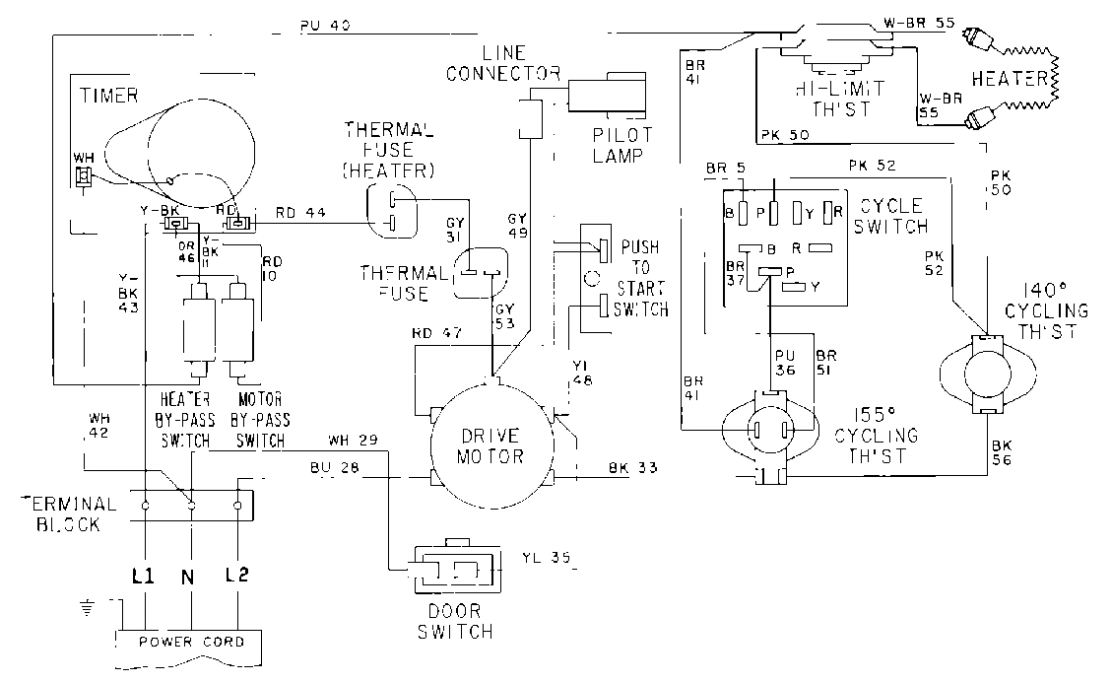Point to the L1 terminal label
click(x=144, y=574)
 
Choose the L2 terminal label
click(x=236, y=574)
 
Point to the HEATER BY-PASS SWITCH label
click(x=184, y=420)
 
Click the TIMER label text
click(x=107, y=95)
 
